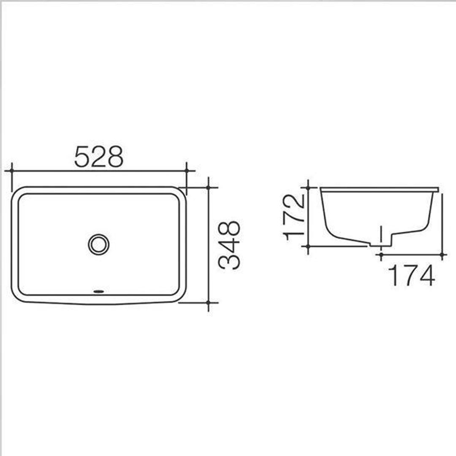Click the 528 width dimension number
click(x=99, y=157)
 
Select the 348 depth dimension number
click(x=229, y=245)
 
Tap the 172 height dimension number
click(x=294, y=217)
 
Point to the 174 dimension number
click(x=411, y=276)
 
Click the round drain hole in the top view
click(x=99, y=244)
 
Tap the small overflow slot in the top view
click(x=99, y=291)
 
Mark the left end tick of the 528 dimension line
click(x=12, y=171)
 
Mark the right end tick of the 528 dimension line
click(x=186, y=171)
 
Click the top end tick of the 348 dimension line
click(x=208, y=187)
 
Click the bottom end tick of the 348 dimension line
click(x=208, y=302)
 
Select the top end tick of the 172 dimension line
click(x=308, y=187)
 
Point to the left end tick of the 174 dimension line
click(x=381, y=255)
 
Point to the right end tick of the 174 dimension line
click(x=442, y=255)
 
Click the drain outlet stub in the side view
click(x=381, y=242)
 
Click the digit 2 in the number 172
click(x=294, y=202)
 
